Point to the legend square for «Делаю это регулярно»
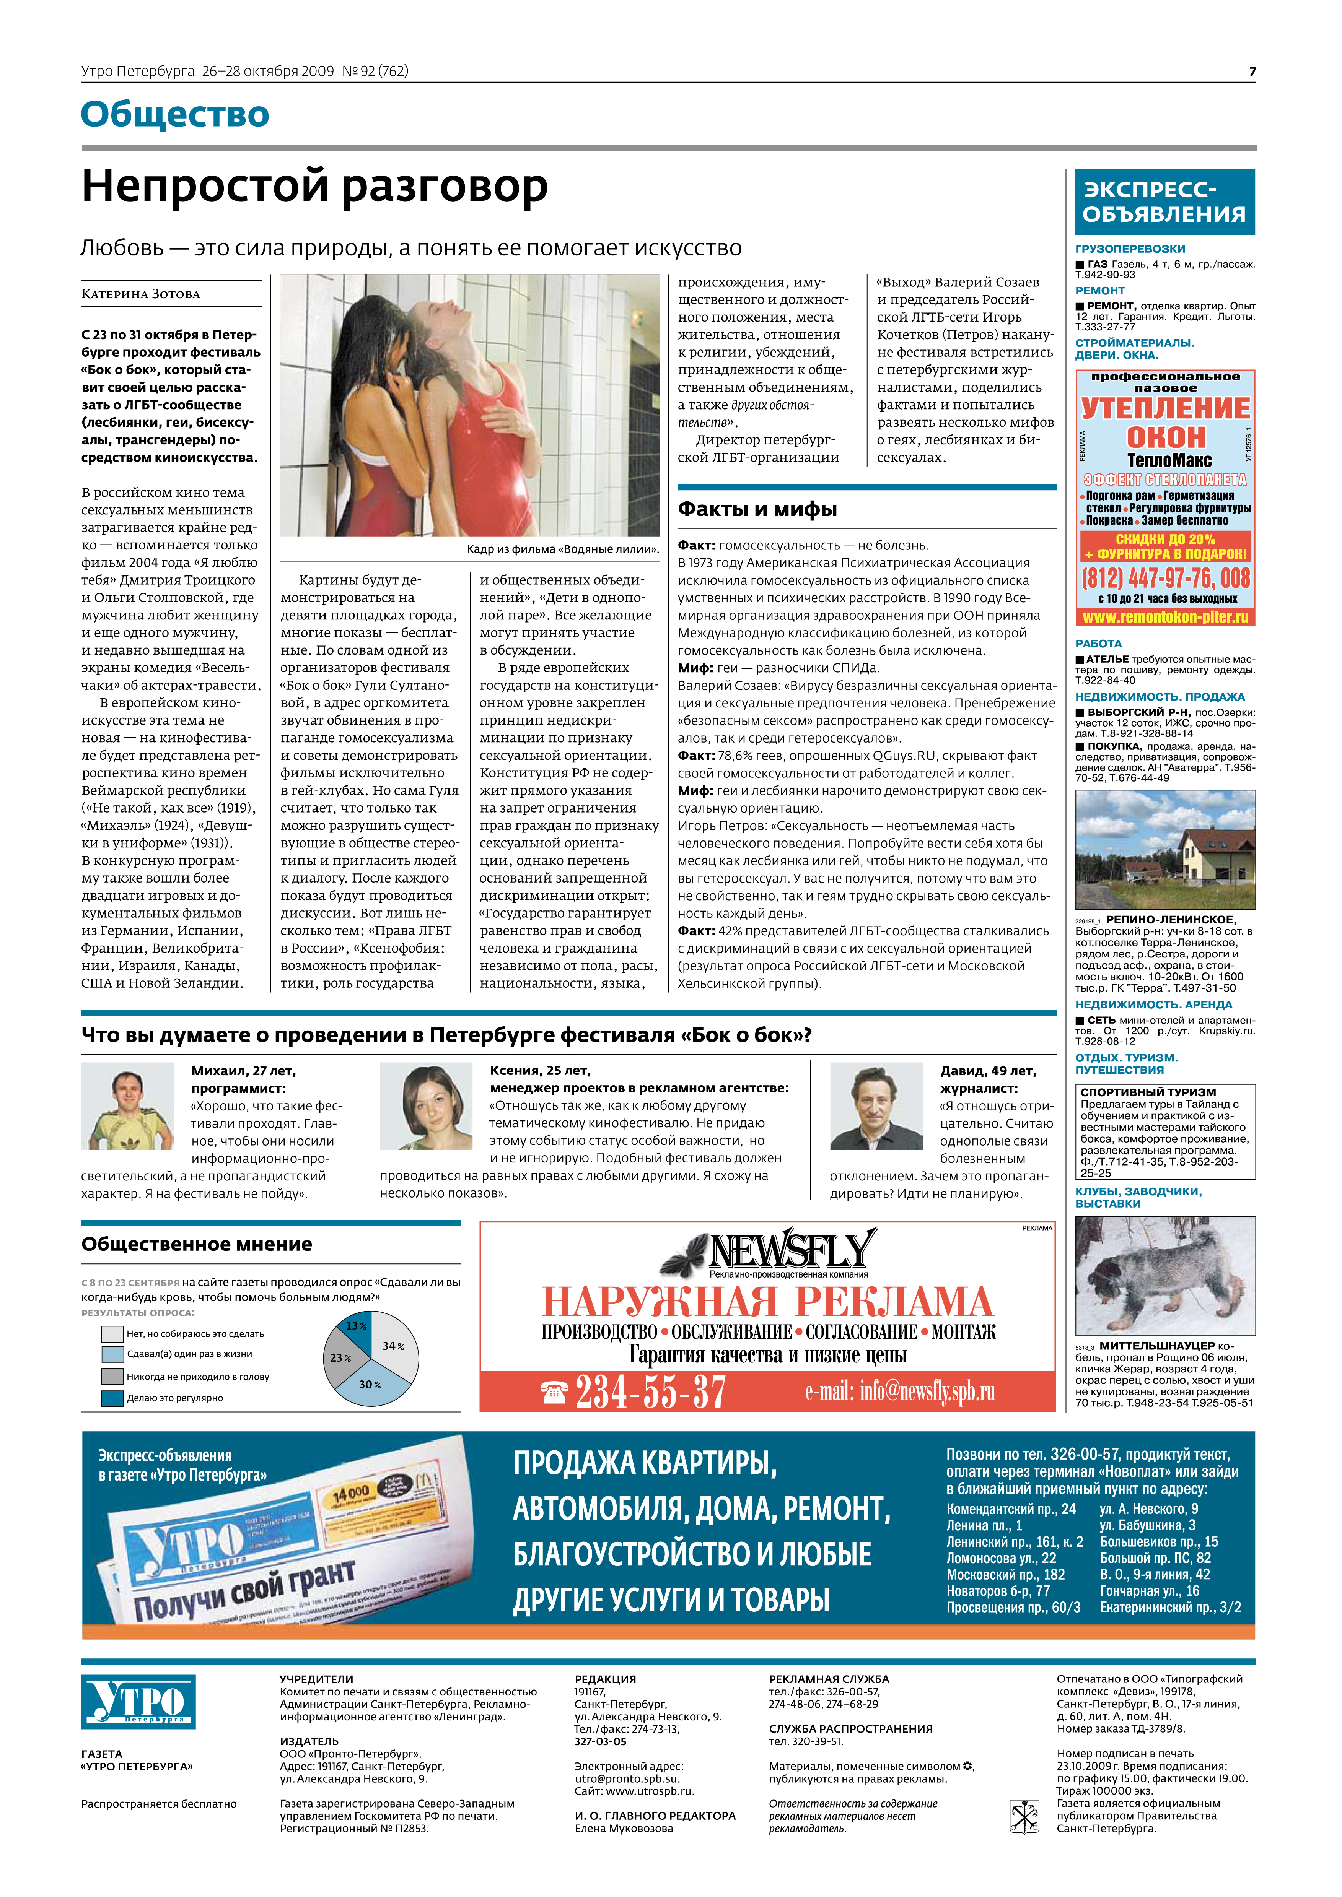point(112,1398)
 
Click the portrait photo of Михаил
point(127,1106)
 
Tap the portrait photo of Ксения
point(425,1106)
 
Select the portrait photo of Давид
point(876,1106)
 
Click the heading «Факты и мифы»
point(757,509)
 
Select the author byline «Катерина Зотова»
point(140,294)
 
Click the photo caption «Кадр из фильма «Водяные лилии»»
point(562,549)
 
